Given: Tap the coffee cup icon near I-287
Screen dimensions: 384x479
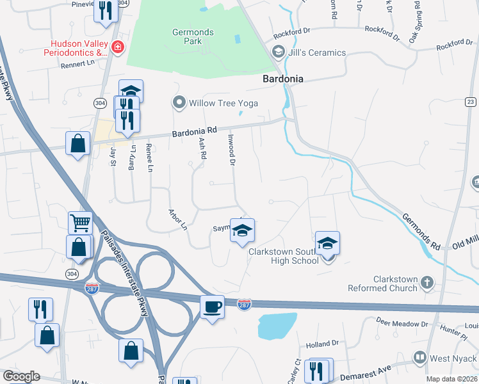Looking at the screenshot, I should coord(213,307).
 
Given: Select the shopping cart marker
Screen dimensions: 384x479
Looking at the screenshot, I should coord(81,223).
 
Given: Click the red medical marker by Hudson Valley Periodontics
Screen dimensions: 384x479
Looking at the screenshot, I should coord(117,46).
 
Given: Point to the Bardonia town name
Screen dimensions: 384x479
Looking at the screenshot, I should coord(282,79).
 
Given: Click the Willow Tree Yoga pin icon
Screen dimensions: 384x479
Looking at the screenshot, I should coord(179,102).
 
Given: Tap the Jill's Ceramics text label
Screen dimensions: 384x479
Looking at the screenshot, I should coord(318,52).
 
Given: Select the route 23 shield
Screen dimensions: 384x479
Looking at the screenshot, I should coord(471,102).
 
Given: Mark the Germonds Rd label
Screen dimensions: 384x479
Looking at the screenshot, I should coord(421,228).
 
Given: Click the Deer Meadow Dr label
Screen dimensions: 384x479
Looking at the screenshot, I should coord(402,323).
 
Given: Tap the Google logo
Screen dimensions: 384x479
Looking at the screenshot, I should coord(21,376).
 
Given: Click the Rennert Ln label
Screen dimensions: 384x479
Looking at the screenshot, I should coord(77,63).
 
